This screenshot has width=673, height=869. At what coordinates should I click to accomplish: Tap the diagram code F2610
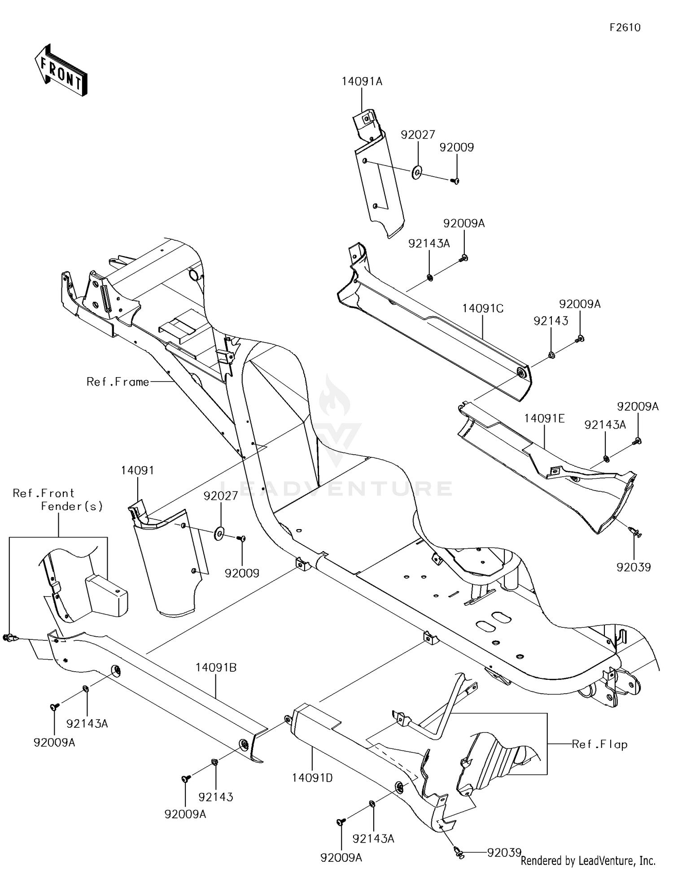click(625, 28)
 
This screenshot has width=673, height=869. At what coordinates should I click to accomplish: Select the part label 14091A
click(362, 82)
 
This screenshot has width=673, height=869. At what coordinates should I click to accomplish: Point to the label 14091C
click(483, 308)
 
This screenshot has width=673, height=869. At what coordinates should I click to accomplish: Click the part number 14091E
click(544, 418)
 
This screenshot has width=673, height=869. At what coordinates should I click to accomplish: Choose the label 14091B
click(216, 667)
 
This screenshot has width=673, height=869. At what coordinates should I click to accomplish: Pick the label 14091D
click(312, 778)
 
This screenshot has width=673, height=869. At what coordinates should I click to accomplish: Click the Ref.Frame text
click(118, 382)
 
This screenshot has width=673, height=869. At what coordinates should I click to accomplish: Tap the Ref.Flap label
click(599, 744)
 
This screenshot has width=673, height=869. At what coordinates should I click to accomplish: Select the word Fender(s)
click(72, 506)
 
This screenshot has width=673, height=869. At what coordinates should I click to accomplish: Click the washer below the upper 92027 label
click(417, 172)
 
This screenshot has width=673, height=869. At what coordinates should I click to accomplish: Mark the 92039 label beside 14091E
click(634, 567)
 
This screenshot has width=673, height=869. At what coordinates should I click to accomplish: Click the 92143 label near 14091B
click(216, 797)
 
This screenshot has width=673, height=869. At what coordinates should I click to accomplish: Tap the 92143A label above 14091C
click(429, 243)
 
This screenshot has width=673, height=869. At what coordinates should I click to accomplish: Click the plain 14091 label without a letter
click(137, 470)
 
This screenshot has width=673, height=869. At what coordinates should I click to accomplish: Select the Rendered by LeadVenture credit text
click(588, 860)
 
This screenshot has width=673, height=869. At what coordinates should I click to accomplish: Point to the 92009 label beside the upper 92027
click(457, 148)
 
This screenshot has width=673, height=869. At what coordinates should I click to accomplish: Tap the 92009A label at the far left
click(54, 743)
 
